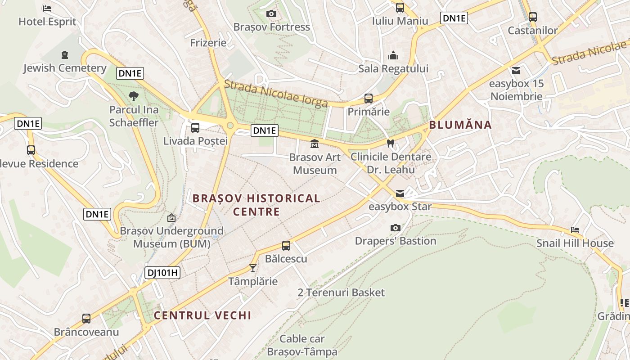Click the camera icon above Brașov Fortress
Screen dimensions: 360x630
(x=271, y=14)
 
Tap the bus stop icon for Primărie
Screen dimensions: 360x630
(x=369, y=99)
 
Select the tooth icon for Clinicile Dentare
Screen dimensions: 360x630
(x=391, y=144)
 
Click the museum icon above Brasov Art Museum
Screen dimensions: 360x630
(x=315, y=144)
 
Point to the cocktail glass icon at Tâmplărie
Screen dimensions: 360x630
(x=253, y=268)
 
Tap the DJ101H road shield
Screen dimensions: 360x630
(x=162, y=272)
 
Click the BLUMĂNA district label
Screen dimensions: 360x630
(x=460, y=125)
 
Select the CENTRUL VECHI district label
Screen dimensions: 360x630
(x=202, y=315)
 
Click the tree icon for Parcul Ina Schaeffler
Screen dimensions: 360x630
(x=134, y=96)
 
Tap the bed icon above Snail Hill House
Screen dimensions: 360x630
(x=575, y=230)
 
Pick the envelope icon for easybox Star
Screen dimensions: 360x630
(x=400, y=194)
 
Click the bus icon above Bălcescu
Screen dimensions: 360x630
(x=286, y=246)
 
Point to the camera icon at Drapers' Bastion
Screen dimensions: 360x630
(x=396, y=228)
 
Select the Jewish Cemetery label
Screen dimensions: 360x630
(x=65, y=68)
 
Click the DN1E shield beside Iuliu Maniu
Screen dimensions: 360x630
(x=454, y=18)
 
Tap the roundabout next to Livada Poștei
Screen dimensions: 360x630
(x=230, y=126)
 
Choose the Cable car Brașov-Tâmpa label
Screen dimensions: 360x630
(x=302, y=345)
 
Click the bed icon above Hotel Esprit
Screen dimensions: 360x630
(x=47, y=9)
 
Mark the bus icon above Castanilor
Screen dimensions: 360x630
(x=533, y=17)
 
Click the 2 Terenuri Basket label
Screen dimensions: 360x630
(x=341, y=292)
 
